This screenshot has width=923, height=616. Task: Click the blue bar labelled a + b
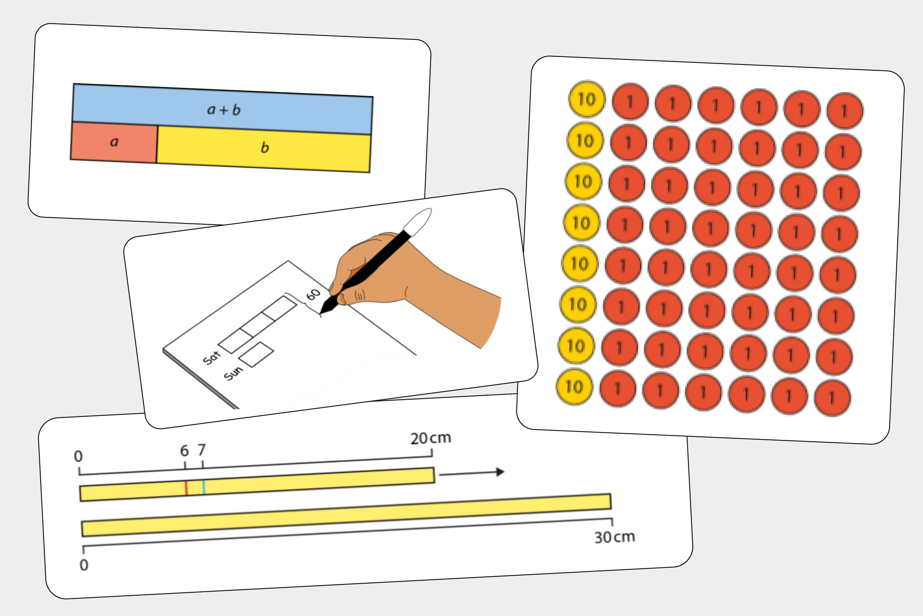click(x=222, y=109)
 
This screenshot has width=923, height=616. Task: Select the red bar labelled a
click(x=114, y=142)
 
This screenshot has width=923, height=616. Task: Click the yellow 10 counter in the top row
click(x=587, y=99)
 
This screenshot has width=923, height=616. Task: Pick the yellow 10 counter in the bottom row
click(x=574, y=386)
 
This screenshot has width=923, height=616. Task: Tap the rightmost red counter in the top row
click(x=845, y=111)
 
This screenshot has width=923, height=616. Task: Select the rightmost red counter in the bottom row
click(x=832, y=398)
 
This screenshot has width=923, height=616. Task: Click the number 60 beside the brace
click(x=313, y=294)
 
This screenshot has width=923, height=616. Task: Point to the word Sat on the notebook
click(x=212, y=358)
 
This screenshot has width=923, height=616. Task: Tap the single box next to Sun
click(x=256, y=354)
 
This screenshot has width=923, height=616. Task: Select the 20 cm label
click(x=431, y=438)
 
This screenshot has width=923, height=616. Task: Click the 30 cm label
click(x=615, y=537)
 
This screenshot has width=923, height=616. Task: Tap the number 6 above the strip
click(x=185, y=451)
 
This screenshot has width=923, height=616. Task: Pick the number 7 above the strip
click(x=201, y=450)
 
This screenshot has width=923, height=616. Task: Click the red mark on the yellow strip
click(x=186, y=488)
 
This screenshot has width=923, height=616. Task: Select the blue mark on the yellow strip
click(x=203, y=487)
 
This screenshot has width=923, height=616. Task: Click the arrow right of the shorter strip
click(x=472, y=473)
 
